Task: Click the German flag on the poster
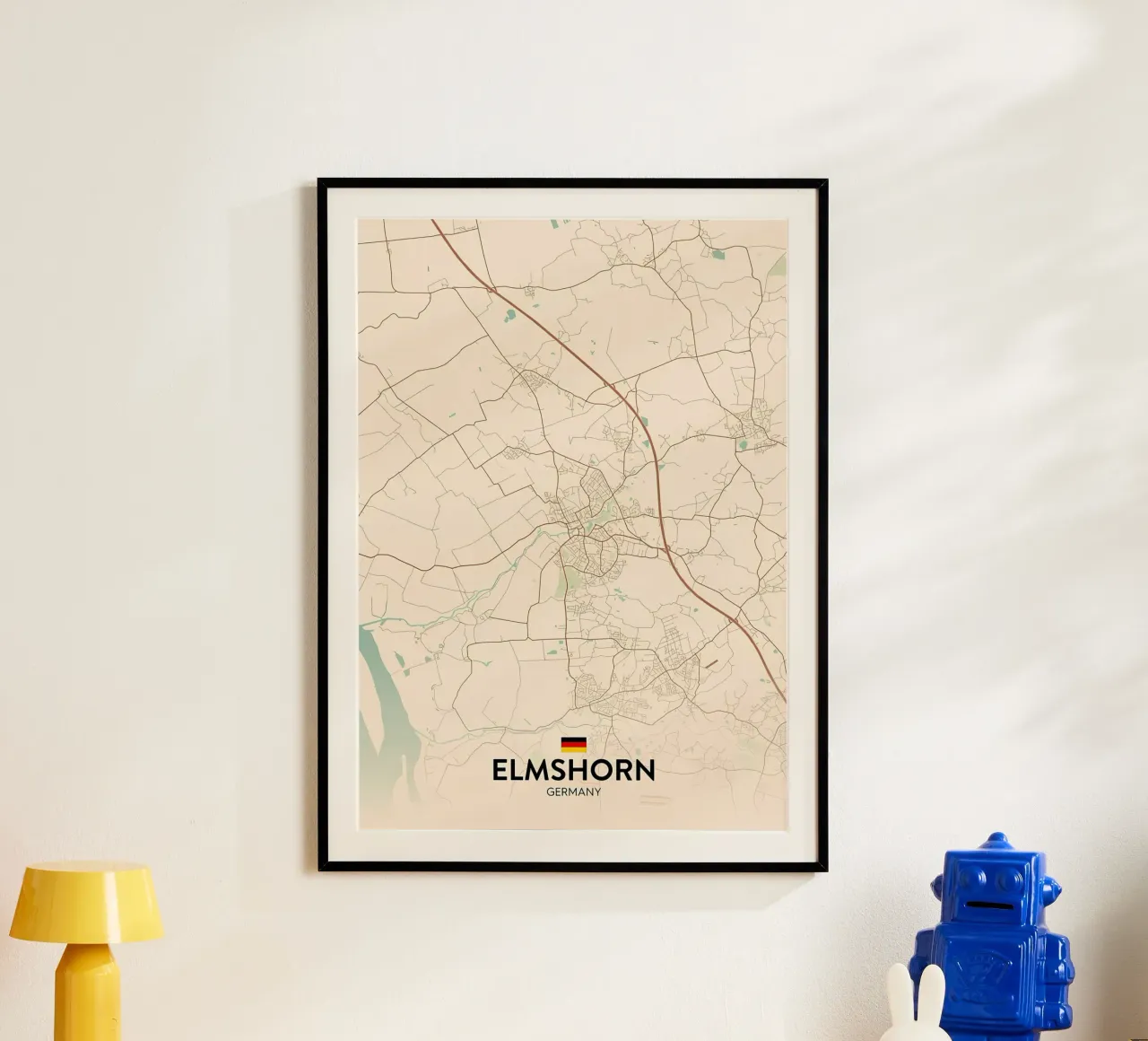573,744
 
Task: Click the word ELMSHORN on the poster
573,770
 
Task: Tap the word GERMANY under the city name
573,792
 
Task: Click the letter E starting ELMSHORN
500,770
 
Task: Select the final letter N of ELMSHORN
645,770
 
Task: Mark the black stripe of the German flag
573,739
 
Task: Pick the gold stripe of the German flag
573,749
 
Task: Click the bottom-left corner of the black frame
321,868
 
